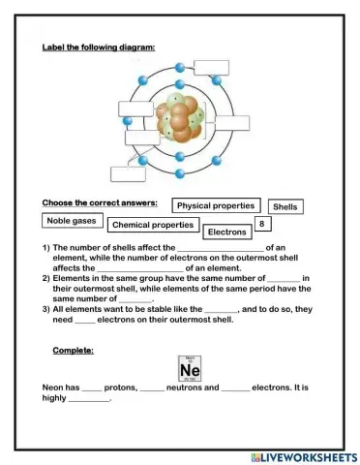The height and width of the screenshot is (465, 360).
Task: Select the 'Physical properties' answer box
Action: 216,205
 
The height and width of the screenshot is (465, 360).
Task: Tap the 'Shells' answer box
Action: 285,207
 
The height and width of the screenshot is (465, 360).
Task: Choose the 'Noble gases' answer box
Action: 71,221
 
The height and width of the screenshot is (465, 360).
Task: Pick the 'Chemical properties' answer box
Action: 152,226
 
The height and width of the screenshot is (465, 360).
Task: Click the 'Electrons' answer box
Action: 226,232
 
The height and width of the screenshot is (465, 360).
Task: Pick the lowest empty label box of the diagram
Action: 128,174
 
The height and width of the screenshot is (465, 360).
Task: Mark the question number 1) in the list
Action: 46,248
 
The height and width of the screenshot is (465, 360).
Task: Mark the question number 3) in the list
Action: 46,307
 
